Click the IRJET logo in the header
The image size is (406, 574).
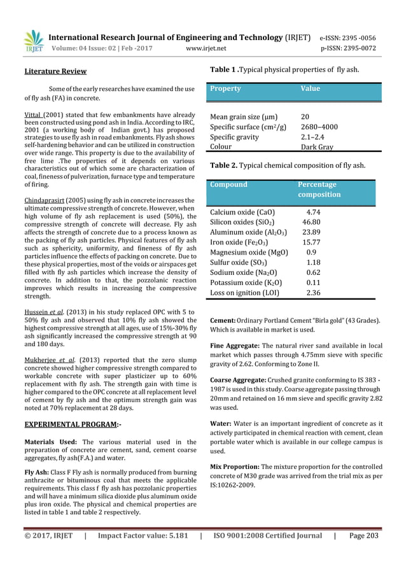[33, 41]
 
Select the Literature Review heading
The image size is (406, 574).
[55, 71]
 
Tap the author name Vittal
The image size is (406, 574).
[33, 113]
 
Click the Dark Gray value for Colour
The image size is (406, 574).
[316, 146]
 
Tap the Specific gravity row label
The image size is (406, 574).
[234, 137]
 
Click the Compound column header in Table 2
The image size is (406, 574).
[228, 185]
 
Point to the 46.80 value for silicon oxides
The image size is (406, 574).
[311, 222]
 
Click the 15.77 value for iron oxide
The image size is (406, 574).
[311, 242]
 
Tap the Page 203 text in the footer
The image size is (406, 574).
[364, 536]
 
